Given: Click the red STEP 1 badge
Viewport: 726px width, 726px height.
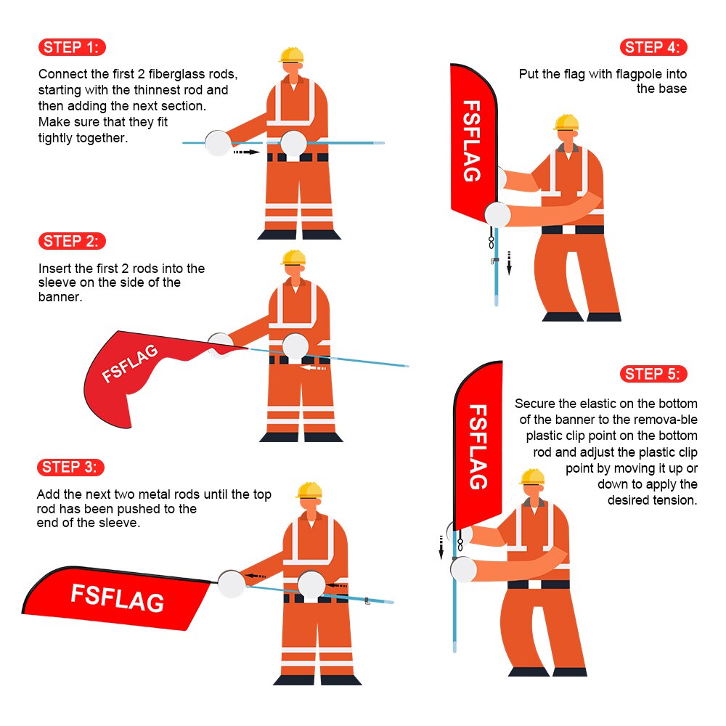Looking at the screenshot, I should [72, 48].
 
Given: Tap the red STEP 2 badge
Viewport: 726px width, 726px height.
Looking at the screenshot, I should [72, 242].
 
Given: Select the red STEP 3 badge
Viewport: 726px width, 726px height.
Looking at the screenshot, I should [71, 467].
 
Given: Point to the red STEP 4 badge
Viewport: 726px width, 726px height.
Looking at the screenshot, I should [653, 48].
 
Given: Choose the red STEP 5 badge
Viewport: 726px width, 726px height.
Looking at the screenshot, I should [653, 374].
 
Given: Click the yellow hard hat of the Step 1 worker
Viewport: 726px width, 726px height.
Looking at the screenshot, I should [291, 54].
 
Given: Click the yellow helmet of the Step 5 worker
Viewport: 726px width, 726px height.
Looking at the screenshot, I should [532, 476].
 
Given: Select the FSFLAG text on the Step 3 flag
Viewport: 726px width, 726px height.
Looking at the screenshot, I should [117, 597].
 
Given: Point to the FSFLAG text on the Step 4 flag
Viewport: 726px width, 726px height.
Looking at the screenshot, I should [472, 141].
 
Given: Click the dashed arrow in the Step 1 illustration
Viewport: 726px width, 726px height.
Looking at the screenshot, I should [246, 153].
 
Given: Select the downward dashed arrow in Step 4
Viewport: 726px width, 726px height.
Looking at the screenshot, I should [509, 262].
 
